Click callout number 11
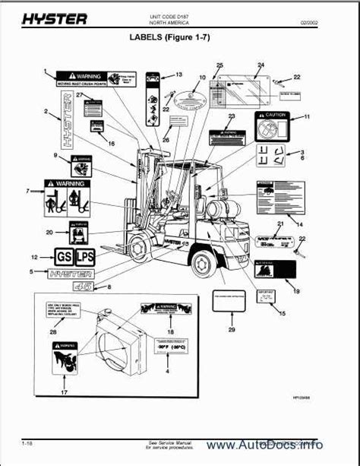tap(308, 117)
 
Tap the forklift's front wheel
tap(141, 248)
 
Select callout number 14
tap(298, 225)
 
